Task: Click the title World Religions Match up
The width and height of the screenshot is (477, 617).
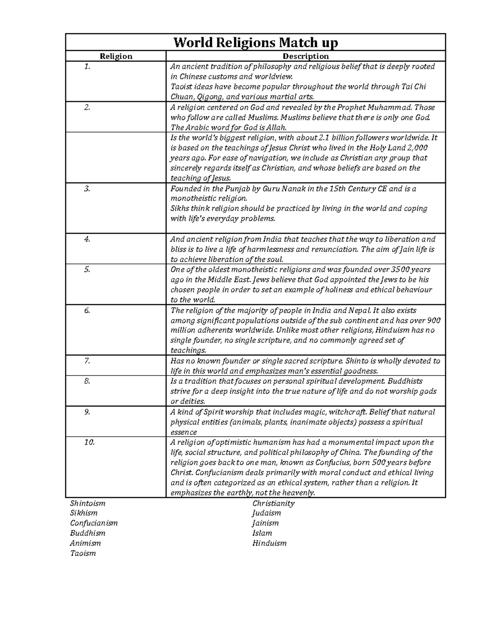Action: pos(256,42)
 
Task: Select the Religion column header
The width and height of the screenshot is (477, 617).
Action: pos(116,56)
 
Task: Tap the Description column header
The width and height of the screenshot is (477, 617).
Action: pos(305,56)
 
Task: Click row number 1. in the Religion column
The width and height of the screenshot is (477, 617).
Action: pos(87,67)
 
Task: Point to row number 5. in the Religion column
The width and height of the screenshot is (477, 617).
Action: pos(87,269)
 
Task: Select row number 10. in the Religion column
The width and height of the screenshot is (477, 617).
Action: pos(89,442)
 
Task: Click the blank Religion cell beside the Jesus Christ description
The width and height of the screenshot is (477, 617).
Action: pos(116,157)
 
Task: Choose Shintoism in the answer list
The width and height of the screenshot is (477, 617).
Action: pos(88,503)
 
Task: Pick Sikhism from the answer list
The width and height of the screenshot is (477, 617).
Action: pos(84,513)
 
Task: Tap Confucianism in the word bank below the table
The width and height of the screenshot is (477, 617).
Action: pos(94,523)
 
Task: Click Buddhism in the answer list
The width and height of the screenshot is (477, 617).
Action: pos(88,533)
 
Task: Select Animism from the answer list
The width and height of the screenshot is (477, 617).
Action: pos(85,543)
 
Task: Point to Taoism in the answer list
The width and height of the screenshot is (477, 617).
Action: pos(83,553)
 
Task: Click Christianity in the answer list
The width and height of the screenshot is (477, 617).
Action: pos(273,503)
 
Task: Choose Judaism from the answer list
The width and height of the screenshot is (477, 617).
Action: pos(267,513)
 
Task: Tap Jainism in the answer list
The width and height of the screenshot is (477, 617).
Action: pos(266,523)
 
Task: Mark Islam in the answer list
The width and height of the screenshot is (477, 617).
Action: pos(262,533)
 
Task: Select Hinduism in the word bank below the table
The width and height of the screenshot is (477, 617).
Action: pos(270,543)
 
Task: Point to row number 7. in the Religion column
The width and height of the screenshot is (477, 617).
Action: pos(87,361)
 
